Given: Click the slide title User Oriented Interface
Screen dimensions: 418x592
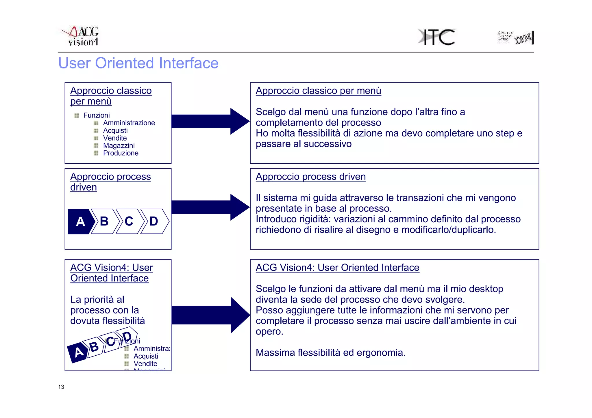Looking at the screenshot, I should (x=138, y=63).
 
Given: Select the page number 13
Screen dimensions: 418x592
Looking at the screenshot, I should (x=61, y=387).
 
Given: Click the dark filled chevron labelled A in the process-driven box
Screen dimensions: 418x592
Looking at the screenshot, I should (x=80, y=221).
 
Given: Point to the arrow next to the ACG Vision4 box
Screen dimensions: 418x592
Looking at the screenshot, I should (x=210, y=315).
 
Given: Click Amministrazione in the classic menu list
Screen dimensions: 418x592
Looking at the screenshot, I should (x=129, y=123).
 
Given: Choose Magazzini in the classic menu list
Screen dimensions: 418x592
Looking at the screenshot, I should (x=119, y=145).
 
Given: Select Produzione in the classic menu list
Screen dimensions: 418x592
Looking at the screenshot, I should (x=121, y=153).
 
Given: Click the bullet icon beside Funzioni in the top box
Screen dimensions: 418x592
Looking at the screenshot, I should (x=77, y=115).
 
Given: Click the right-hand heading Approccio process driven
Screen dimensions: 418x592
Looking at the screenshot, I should (x=311, y=177).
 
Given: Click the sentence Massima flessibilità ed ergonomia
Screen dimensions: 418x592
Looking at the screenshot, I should (x=330, y=352).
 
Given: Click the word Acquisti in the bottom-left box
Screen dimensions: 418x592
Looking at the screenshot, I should (x=146, y=356).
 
